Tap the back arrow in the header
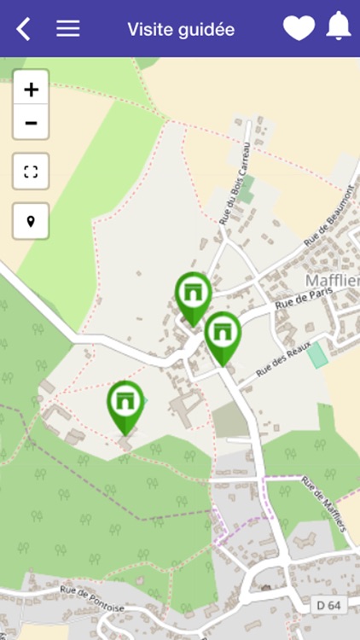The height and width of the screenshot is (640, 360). [x=23, y=29]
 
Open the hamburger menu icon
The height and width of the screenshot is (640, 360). [x=68, y=28]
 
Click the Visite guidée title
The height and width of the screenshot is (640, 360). [x=181, y=29]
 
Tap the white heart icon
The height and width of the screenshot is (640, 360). [x=299, y=28]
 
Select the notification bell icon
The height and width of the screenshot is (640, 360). [x=339, y=27]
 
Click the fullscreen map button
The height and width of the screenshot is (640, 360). [x=31, y=172]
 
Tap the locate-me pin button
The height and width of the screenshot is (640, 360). [x=31, y=222]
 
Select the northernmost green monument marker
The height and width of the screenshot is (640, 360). [x=194, y=295]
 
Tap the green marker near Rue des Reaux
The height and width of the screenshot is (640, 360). [x=223, y=335]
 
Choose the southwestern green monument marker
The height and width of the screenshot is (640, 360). [x=125, y=404]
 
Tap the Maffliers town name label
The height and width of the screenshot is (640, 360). [x=332, y=281]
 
